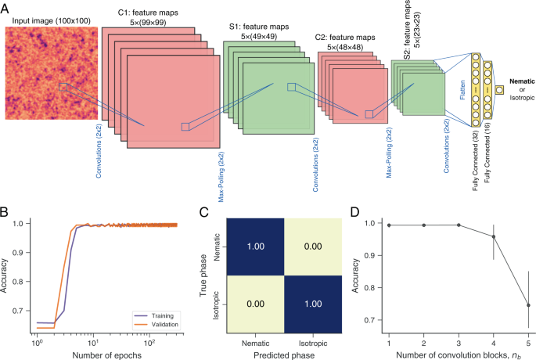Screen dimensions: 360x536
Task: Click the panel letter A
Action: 7,8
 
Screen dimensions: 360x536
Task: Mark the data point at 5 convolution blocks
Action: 528,305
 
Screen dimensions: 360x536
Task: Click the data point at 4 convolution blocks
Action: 493,236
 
